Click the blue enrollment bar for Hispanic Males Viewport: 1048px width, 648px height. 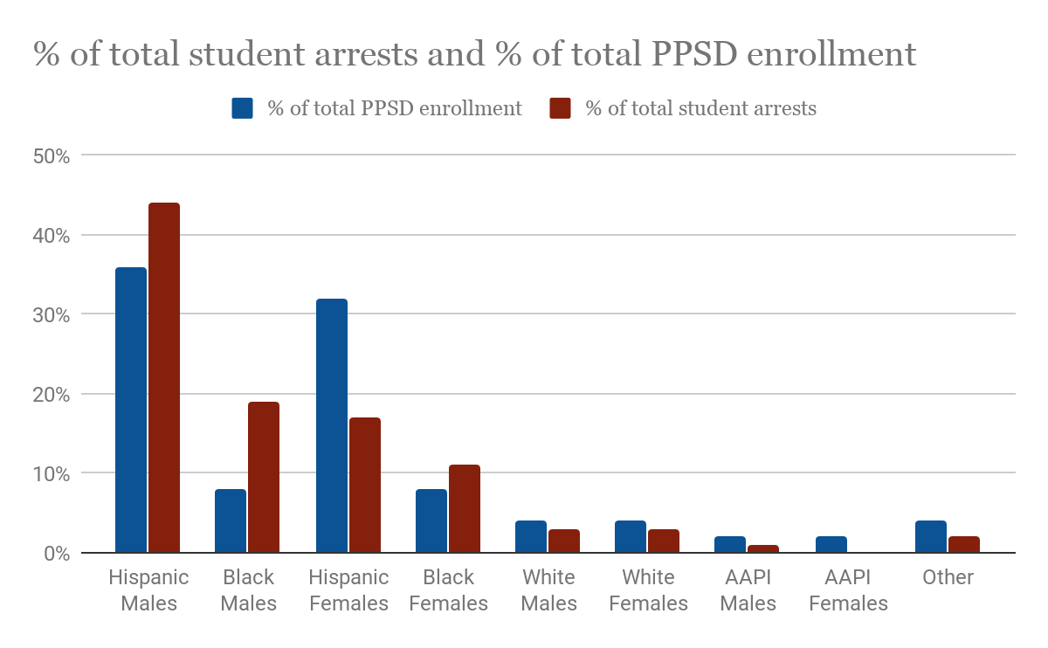[131, 410]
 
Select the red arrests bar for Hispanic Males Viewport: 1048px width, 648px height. [164, 378]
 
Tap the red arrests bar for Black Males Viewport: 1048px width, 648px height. [264, 478]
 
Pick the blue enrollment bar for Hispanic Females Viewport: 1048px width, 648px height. [332, 426]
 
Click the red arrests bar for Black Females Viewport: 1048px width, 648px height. [464, 509]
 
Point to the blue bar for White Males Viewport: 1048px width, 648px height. [531, 537]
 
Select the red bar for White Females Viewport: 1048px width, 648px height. [664, 541]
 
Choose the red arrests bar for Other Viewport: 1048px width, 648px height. [964, 545]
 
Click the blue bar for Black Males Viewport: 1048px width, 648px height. [231, 521]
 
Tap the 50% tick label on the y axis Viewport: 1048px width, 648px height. [51, 156]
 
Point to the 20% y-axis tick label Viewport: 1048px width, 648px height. [51, 395]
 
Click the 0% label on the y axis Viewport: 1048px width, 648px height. [54, 554]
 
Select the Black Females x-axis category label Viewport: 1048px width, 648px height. [448, 590]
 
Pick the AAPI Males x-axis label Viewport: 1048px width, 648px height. [748, 590]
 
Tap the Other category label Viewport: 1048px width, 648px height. [948, 577]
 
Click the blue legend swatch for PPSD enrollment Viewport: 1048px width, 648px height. [242, 108]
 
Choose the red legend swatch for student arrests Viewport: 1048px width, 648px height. [560, 108]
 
